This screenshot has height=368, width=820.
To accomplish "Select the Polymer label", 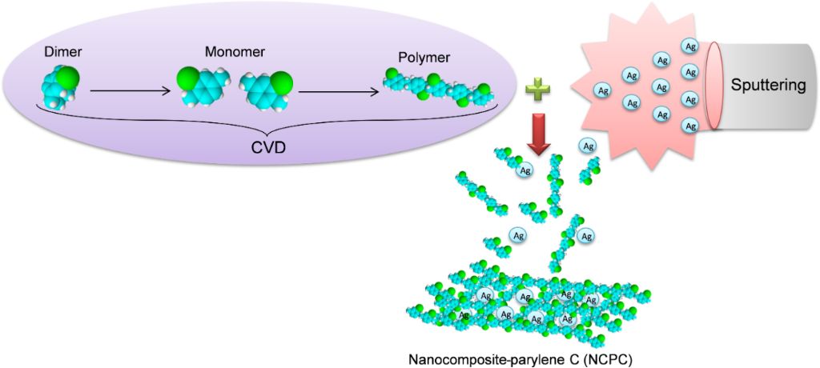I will (424, 58).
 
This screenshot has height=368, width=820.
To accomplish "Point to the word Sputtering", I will (768, 85).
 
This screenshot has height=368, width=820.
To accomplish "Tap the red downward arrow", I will (538, 132).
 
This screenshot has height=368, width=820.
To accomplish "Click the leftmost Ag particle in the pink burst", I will (601, 90).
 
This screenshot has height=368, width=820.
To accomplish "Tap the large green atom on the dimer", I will (70, 78).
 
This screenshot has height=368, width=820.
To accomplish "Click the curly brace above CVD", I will (265, 124).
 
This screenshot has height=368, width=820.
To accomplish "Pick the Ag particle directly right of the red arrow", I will (588, 146).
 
